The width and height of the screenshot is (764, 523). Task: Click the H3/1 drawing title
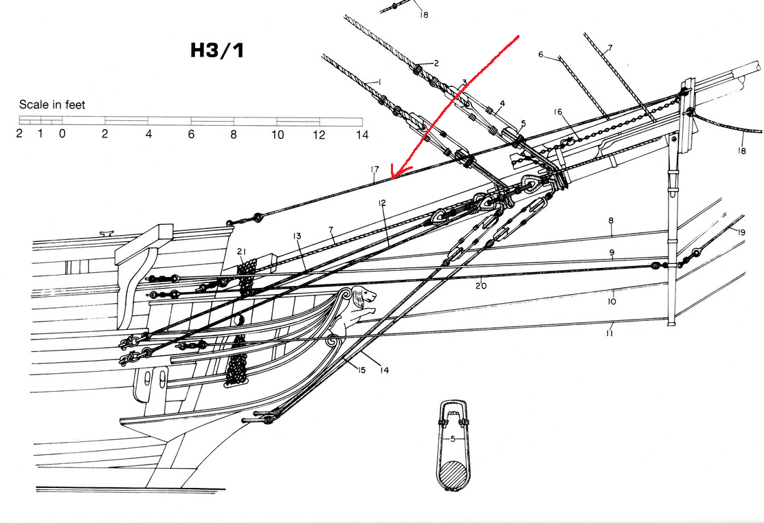pyautogui.click(x=217, y=51)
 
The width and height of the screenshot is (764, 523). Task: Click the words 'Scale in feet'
pyautogui.click(x=52, y=104)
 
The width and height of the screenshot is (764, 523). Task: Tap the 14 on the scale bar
pyautogui.click(x=362, y=135)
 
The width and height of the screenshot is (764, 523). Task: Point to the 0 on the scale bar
pyautogui.click(x=63, y=133)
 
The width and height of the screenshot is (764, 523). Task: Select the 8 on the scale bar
pyautogui.click(x=234, y=135)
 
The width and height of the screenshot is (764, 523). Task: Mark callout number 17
pyautogui.click(x=374, y=170)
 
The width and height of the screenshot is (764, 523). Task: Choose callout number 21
pyautogui.click(x=242, y=252)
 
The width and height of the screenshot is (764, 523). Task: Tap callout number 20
pyautogui.click(x=481, y=286)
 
